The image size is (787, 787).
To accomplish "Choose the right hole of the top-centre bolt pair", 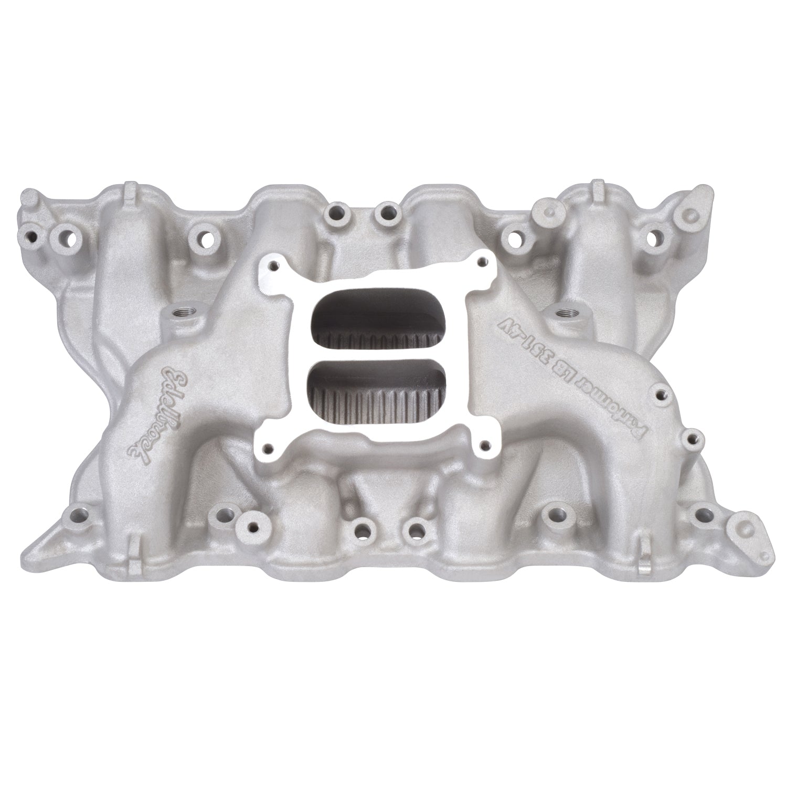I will [387, 214].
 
